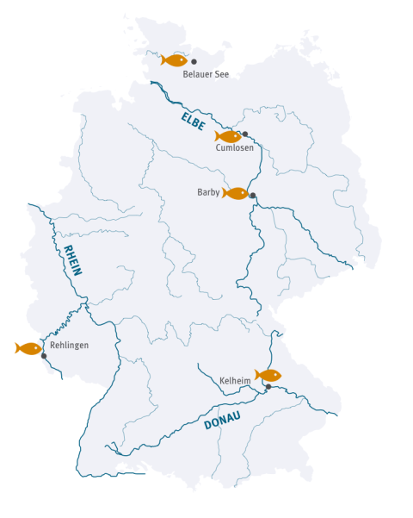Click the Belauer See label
(x=206, y=75)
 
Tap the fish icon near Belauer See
(x=175, y=60)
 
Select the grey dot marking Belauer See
(x=194, y=61)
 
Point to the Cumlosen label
(x=234, y=147)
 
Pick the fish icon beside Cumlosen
(x=228, y=136)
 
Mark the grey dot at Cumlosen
(x=245, y=134)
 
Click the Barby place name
(x=209, y=192)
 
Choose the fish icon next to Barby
(x=235, y=193)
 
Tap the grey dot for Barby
(x=252, y=196)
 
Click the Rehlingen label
(x=69, y=345)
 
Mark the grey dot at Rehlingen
(x=44, y=355)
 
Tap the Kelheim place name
(x=235, y=380)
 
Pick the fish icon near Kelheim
(x=268, y=375)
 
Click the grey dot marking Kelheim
(x=268, y=387)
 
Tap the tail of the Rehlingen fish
(x=18, y=348)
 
